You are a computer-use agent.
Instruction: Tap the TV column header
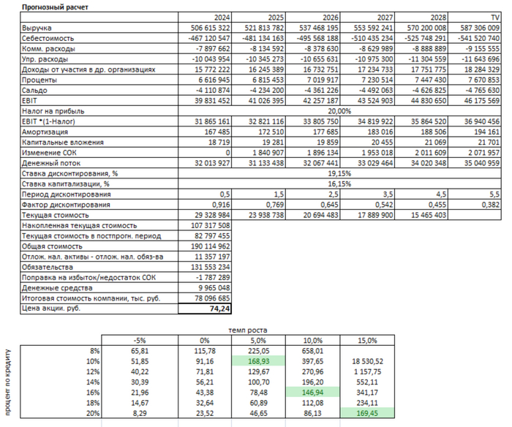coord(495,16)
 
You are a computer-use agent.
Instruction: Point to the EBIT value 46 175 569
coord(476,100)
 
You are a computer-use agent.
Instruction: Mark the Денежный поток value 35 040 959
coord(476,163)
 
